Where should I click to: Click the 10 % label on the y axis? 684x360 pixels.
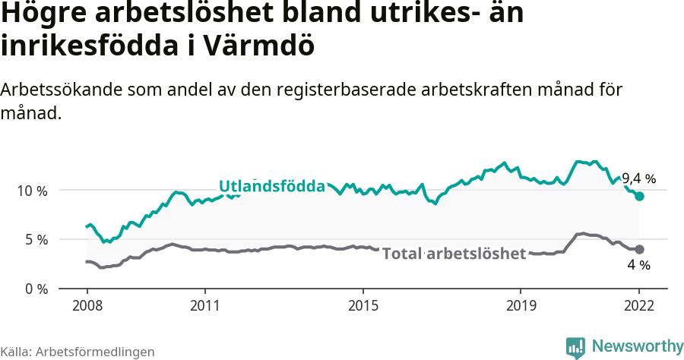pos(31,190)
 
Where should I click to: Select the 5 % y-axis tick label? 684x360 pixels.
pos(35,239)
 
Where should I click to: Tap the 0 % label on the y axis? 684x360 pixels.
pos(35,289)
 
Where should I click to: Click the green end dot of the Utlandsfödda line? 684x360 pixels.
pos(640,196)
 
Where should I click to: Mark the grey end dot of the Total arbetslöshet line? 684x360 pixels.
pos(640,249)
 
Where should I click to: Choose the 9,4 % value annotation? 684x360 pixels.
pos(638,179)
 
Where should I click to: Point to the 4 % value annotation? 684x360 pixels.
pos(639,265)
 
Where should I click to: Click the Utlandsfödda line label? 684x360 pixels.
pos(271,186)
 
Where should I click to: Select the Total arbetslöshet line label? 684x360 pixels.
pos(454,253)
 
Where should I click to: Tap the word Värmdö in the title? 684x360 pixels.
pos(258,46)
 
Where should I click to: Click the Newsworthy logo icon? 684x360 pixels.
pos(575,347)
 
